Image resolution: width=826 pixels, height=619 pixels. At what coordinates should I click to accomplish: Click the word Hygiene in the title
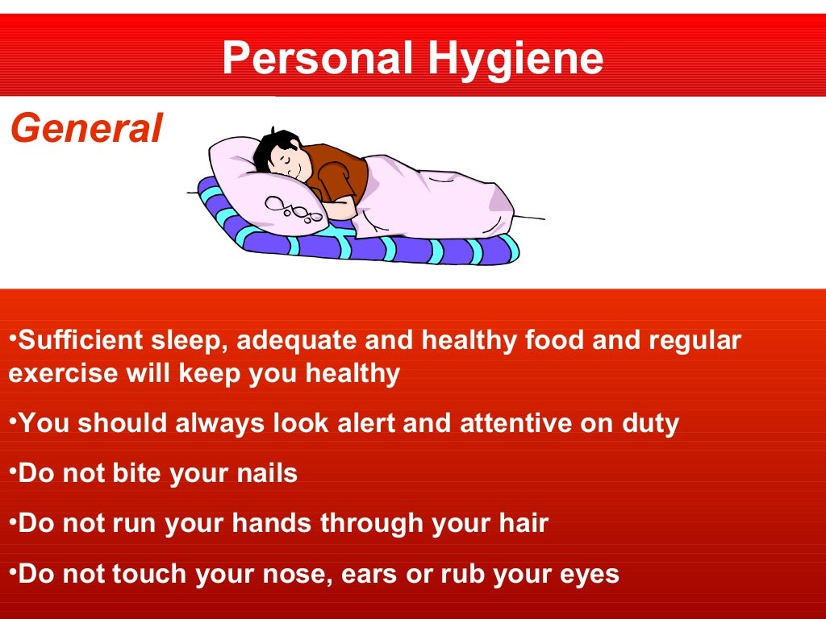coord(515,58)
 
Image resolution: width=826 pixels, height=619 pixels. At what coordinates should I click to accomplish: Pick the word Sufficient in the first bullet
coord(81,340)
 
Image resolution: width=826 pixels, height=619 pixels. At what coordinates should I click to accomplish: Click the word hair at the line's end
coord(524,523)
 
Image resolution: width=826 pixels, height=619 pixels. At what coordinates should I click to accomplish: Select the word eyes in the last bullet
coord(592,574)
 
